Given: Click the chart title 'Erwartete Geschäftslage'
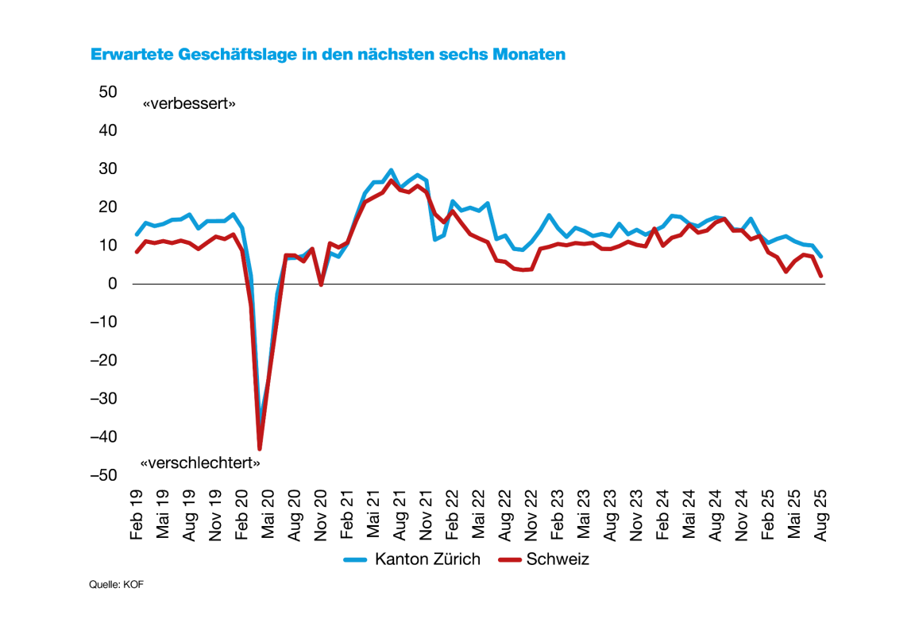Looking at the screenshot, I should tap(328, 55).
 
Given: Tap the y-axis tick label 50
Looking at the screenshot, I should tap(108, 92).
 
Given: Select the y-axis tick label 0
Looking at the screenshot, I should tap(113, 284).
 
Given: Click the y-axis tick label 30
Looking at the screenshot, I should tap(108, 169).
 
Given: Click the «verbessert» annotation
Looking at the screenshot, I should tap(189, 104).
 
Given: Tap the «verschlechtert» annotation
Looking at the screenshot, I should tap(200, 463).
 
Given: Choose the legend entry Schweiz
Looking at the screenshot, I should tap(558, 559).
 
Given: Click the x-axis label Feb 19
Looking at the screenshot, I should tap(137, 517).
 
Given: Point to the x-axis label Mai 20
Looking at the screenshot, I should tap(268, 517).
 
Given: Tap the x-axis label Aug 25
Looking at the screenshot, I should tap(820, 517).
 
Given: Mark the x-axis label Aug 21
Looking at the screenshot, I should tap(400, 517).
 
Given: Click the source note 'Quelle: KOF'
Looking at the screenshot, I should tap(117, 585).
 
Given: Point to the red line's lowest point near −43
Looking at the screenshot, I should tap(260, 449).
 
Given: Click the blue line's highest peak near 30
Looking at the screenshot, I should tap(392, 170).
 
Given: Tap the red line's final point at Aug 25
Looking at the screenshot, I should tap(820, 276).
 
